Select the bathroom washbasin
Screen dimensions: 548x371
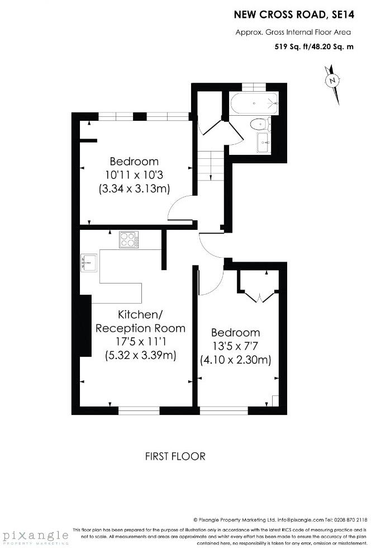coord(263,142)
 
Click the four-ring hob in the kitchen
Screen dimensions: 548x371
coord(129,240)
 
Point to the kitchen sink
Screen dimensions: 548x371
coord(89,262)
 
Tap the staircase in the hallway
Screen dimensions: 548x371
coord(211,165)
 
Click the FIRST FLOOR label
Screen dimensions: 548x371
coord(175,456)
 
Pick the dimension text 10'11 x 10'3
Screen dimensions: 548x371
coord(134,174)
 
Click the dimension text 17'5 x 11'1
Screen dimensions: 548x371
coord(140,341)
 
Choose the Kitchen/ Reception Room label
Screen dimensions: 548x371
coord(140,321)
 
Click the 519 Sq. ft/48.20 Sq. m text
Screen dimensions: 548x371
coord(314,47)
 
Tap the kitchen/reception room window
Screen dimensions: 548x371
coord(139,410)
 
